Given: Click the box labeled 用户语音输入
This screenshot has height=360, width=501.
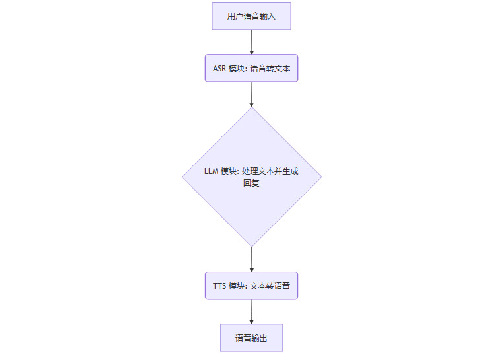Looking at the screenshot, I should coord(251,16).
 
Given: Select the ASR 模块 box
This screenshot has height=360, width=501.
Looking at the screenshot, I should coord(251,68).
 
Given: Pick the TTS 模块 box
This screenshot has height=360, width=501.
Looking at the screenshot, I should coord(251,285).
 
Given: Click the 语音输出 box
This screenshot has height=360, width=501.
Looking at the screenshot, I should coord(251,338).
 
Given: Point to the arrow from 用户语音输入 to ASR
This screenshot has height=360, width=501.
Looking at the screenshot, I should coord(251,42).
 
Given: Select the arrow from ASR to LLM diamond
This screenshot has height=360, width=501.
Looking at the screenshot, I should coord(251,94).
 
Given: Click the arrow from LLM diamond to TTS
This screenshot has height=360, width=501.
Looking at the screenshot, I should coord(251,260).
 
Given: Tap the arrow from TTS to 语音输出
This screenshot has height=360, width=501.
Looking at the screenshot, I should coord(251,311).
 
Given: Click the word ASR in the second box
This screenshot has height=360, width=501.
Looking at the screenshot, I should coord(219,69).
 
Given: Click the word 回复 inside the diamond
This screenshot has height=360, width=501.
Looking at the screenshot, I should coord(251,183).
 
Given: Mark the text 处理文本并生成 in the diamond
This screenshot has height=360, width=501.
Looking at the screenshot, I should coord(270,171).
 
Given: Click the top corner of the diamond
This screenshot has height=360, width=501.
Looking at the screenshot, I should coord(251,108).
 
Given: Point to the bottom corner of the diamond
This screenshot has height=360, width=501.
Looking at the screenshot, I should coord(251,246).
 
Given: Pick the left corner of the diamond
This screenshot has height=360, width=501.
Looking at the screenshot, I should coord(183,177).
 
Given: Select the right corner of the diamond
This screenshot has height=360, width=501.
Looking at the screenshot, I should coord(320,177).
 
